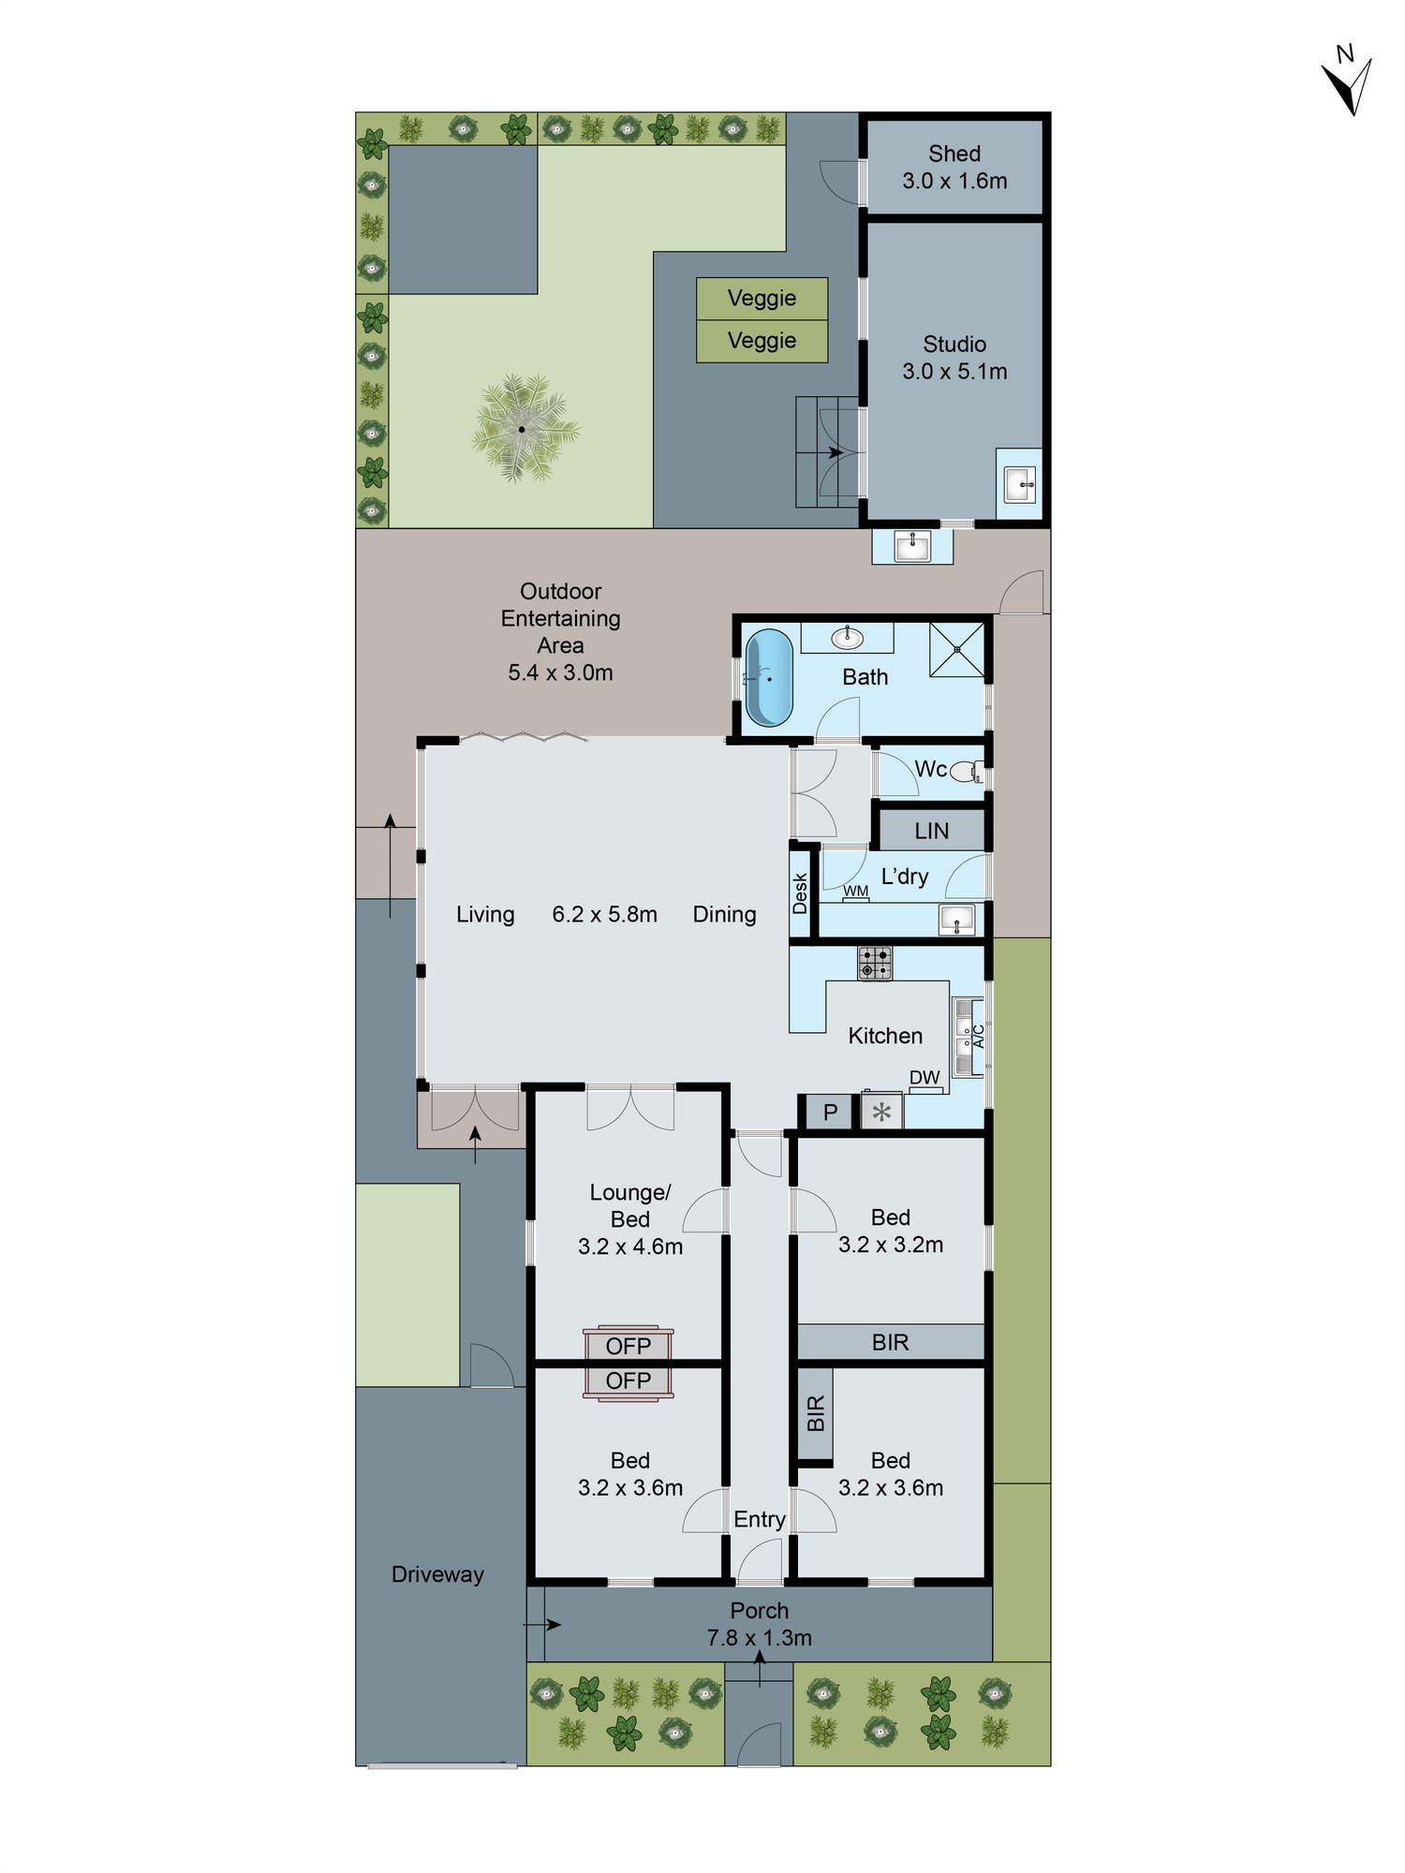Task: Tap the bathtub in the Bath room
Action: tap(769, 677)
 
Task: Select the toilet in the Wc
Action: tap(964, 773)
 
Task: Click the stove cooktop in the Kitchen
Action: tap(875, 963)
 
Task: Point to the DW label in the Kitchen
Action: tap(924, 1078)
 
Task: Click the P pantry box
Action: tap(830, 1113)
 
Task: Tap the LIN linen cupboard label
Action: tap(931, 831)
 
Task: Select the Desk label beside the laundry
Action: tap(800, 893)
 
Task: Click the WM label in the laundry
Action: tap(855, 891)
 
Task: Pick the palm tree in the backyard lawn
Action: tap(522, 429)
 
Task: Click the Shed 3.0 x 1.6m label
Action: tap(954, 168)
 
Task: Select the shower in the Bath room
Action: tap(957, 648)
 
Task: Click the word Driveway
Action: tap(437, 1574)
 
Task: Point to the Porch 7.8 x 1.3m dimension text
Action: tap(759, 1638)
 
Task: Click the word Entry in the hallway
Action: tap(759, 1519)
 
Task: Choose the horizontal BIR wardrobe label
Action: tap(890, 1342)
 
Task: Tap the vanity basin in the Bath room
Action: tap(848, 638)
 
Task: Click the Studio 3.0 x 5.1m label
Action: tap(954, 358)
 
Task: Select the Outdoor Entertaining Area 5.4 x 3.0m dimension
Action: tap(560, 672)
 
